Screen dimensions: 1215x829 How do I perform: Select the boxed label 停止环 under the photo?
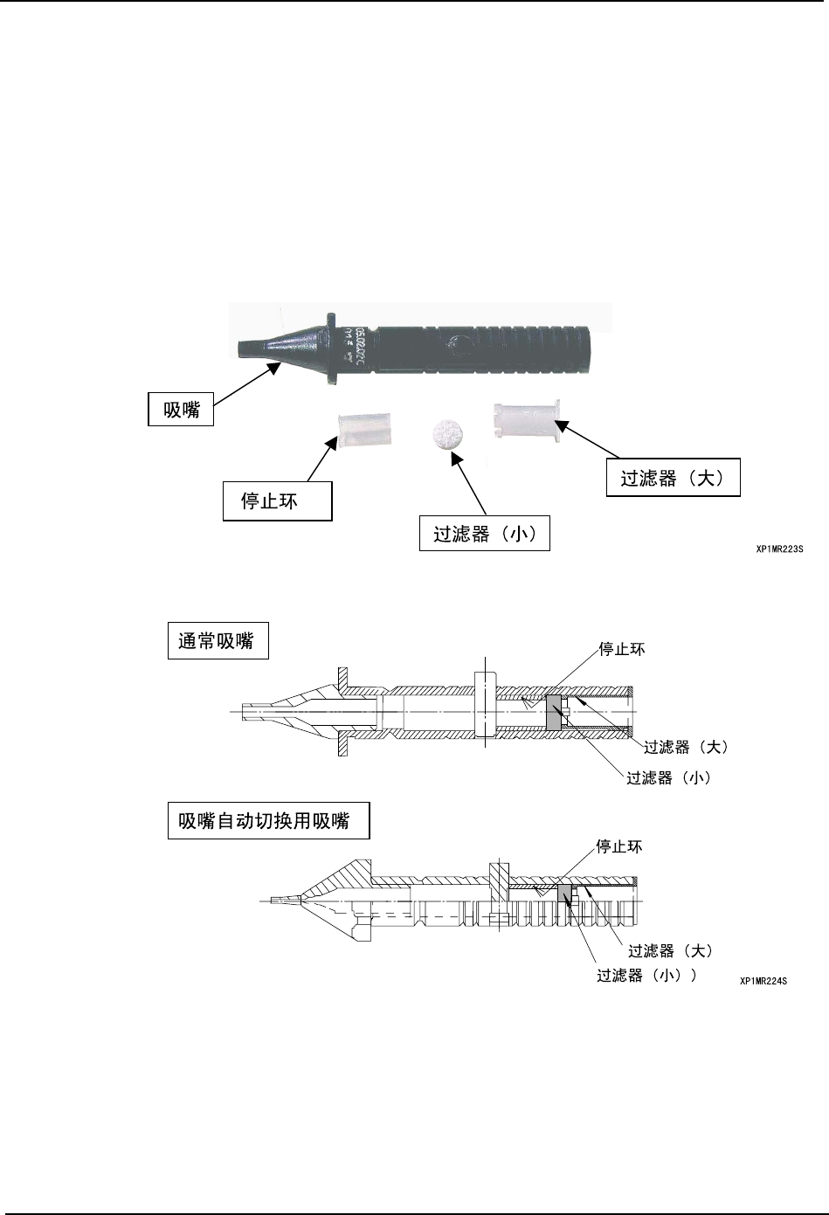coord(277,502)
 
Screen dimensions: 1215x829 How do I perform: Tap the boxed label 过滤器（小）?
coord(485,534)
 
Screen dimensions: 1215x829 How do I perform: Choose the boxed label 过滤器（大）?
coord(673,479)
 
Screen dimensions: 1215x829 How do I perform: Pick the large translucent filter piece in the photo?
coord(528,420)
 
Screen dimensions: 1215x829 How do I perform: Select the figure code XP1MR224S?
coord(763,981)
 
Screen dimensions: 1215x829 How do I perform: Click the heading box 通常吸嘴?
coord(217,641)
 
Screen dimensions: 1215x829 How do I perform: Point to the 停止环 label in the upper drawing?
coord(621,649)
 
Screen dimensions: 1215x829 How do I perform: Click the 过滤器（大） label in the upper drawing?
coord(686,747)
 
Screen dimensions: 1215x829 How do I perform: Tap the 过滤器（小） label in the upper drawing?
coord(668,777)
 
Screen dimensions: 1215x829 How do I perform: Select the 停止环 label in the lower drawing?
coord(618,846)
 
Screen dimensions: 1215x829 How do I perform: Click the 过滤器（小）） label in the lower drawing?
coord(646,975)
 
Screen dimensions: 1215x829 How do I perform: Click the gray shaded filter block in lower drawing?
coord(563,893)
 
